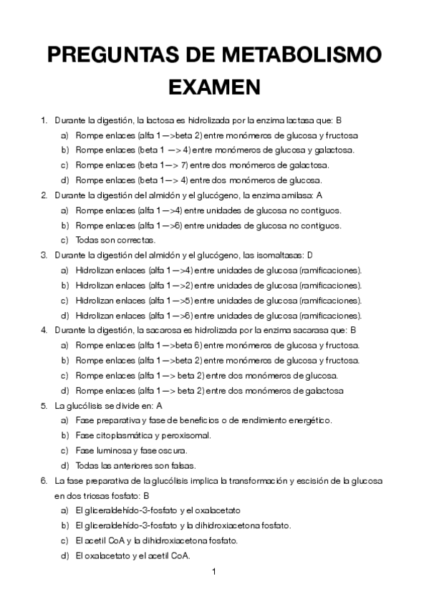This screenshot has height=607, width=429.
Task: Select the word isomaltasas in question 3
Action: [x=279, y=255]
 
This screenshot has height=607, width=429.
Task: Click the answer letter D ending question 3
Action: [x=310, y=255]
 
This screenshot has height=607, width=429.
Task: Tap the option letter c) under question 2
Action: [x=64, y=240]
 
